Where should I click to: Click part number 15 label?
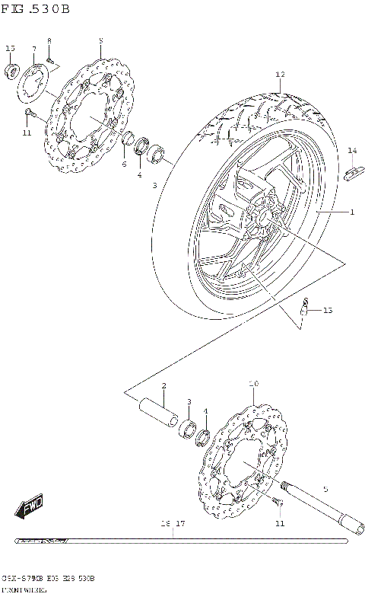10,49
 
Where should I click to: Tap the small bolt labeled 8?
49,59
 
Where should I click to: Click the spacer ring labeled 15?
11,72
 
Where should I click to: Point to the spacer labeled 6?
129,140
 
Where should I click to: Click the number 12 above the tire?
279,75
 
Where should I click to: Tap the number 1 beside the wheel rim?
351,212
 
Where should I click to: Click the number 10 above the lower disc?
253,384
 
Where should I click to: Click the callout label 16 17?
173,524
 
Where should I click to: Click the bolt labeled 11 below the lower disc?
276,500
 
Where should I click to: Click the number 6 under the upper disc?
124,163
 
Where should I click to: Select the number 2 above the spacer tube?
163,386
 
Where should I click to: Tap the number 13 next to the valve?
327,311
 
